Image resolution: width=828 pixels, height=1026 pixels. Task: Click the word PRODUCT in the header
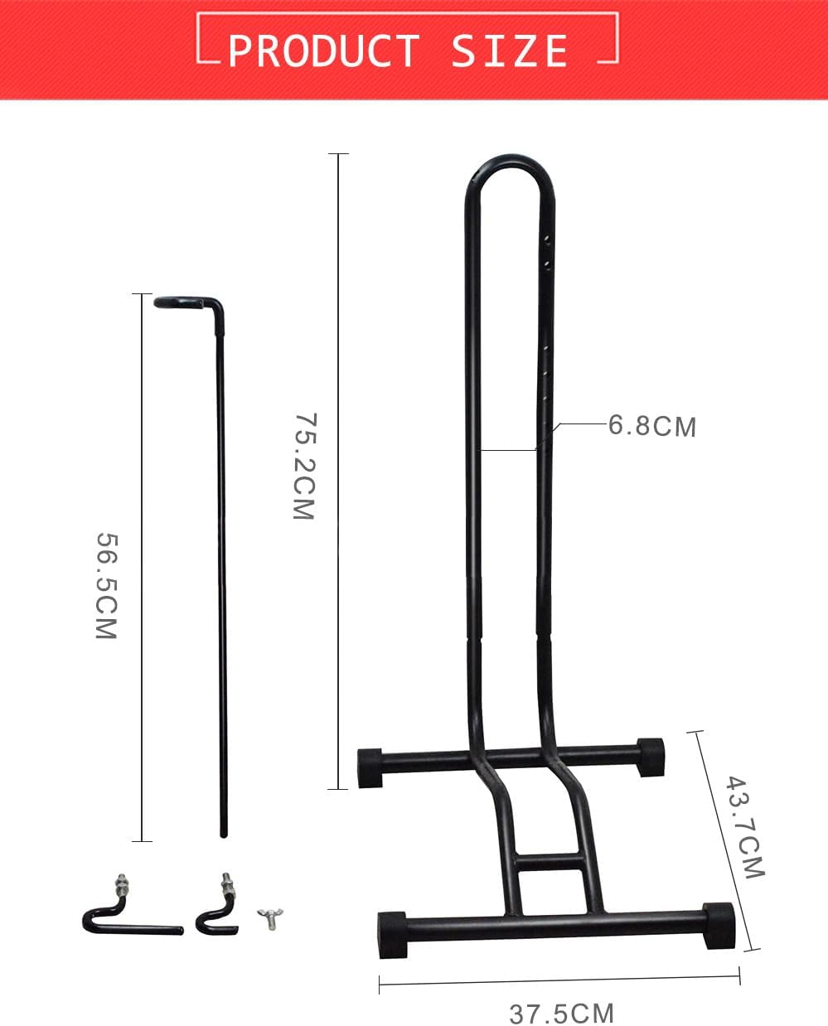pos(323,51)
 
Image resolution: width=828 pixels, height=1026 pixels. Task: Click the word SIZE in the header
pos(510,51)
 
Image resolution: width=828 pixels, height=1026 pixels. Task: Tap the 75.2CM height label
pos(304,467)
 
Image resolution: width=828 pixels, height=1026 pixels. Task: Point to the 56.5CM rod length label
pos(107,586)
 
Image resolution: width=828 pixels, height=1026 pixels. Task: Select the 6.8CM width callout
pos(652,426)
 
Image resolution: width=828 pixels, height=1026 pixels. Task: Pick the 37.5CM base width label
pos(561,1013)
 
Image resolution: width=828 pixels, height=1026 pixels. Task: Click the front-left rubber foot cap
pos(392,935)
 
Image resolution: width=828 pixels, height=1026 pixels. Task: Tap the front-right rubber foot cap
pos(718,923)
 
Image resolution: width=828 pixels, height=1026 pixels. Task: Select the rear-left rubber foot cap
pos(370,767)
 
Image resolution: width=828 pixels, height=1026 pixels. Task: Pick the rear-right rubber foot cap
pos(651,756)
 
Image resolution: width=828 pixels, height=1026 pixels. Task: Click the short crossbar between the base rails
pos(548,862)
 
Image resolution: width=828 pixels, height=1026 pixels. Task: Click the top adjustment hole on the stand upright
pos(547,238)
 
